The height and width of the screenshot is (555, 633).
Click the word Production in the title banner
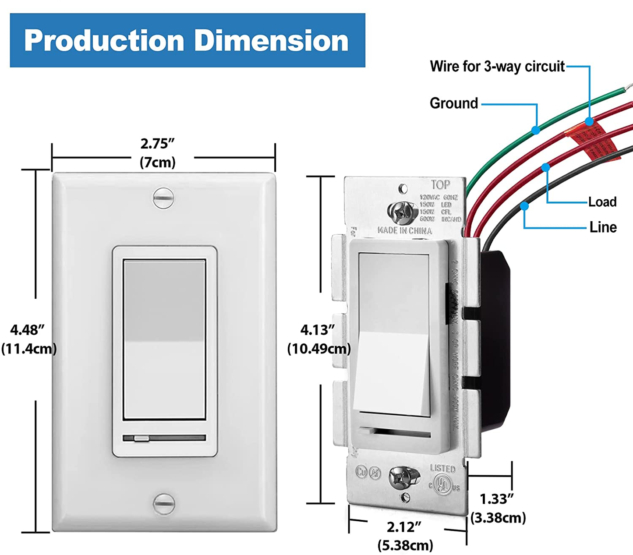point(104,41)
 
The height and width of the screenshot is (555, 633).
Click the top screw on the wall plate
point(163,198)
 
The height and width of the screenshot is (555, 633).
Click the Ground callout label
point(454,103)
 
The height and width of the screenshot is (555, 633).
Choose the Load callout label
point(602,202)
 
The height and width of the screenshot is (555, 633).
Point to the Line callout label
point(603,227)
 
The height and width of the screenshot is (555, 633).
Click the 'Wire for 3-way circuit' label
point(497,67)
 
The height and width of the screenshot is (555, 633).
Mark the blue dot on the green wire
point(535,130)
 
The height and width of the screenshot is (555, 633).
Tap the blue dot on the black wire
point(524,206)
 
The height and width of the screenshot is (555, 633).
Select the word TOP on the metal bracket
point(440,185)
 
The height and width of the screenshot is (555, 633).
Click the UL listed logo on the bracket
point(443,485)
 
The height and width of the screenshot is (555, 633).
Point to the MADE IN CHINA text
point(404,231)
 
